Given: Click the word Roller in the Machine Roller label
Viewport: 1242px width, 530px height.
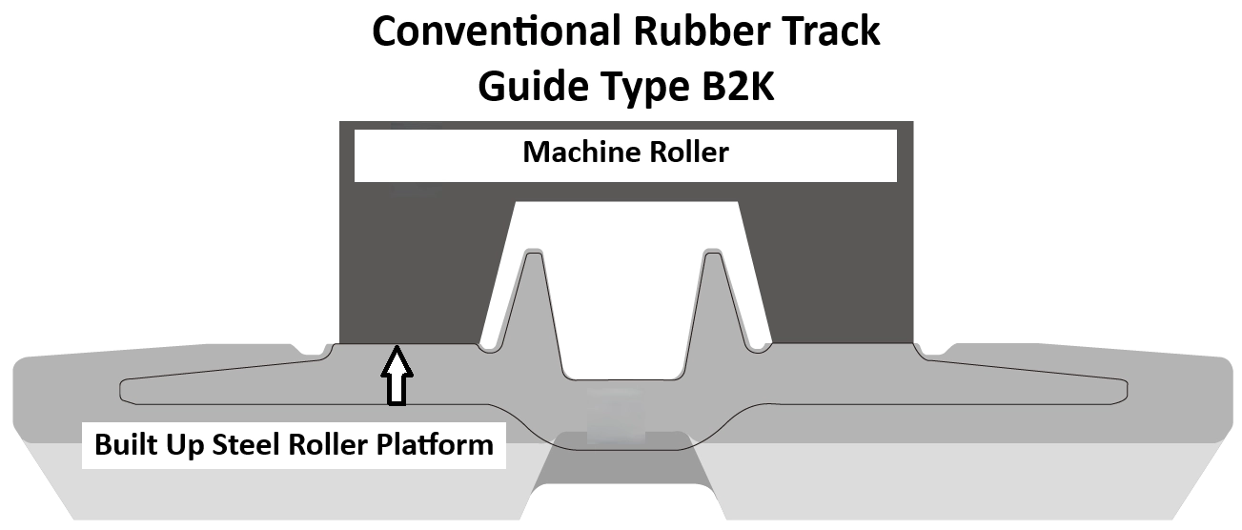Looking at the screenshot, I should pyautogui.click(x=687, y=153).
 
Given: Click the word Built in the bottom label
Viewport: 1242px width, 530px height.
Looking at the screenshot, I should pyautogui.click(x=124, y=445).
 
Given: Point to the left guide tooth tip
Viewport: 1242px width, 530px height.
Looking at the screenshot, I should pyautogui.click(x=534, y=254).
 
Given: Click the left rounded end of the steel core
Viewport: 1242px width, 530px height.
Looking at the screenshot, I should pyautogui.click(x=127, y=390).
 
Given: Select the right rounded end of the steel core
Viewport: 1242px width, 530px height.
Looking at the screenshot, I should pyautogui.click(x=1123, y=390).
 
